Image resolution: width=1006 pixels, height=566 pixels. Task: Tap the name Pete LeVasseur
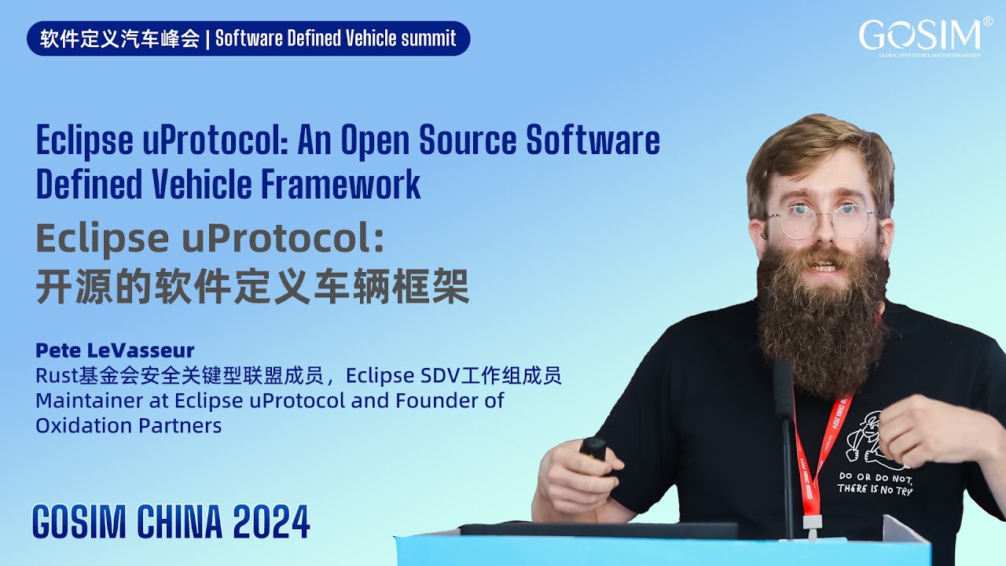115,350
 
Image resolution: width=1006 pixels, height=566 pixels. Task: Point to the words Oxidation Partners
128,426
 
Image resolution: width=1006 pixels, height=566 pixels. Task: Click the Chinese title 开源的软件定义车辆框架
252,287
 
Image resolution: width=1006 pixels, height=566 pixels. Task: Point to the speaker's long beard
822,314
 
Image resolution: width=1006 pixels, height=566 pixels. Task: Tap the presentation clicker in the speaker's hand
593,448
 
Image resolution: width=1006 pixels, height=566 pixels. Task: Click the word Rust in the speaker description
53,376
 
